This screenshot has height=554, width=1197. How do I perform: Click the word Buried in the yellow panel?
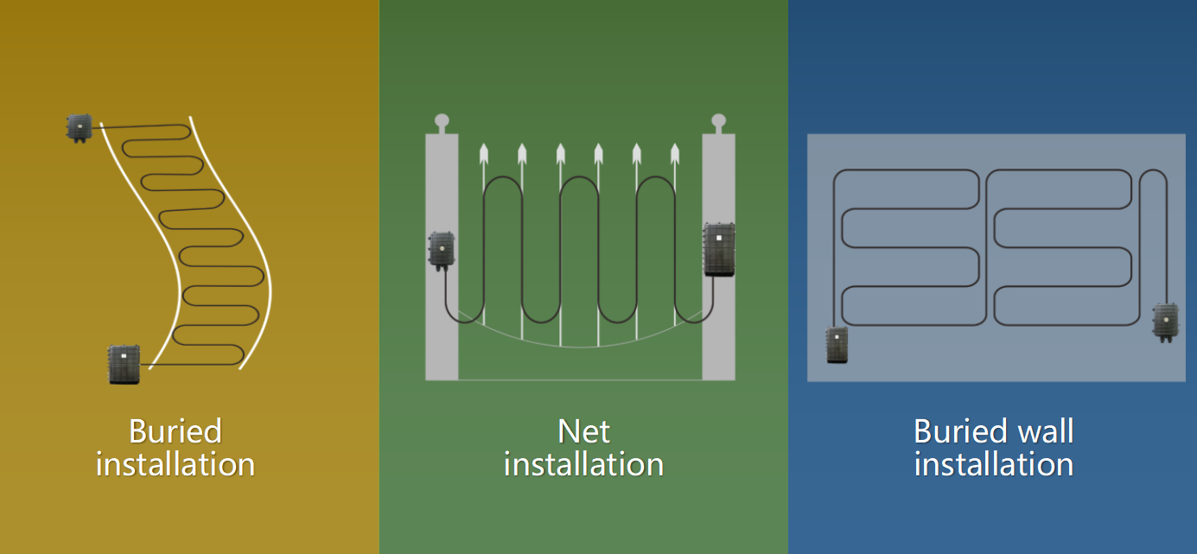click(175, 431)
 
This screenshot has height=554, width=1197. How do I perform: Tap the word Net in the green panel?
click(583, 431)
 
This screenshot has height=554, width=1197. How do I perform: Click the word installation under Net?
click(583, 464)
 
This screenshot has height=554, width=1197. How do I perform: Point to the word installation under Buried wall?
click(993, 464)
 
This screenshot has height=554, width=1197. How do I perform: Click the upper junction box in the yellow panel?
click(80, 128)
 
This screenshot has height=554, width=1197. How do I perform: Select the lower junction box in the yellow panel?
click(124, 365)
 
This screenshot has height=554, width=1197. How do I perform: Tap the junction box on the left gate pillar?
click(442, 251)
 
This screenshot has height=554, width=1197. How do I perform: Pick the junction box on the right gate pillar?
click(719, 250)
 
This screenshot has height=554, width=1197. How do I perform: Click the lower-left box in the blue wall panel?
click(837, 345)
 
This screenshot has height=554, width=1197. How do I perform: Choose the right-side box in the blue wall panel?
click(1166, 322)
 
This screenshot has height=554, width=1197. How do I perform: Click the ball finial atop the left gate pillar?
click(442, 121)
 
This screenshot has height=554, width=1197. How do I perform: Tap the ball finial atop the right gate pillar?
click(719, 121)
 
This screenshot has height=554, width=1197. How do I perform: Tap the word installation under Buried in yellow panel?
click(175, 464)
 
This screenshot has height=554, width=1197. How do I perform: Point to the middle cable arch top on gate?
click(579, 177)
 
